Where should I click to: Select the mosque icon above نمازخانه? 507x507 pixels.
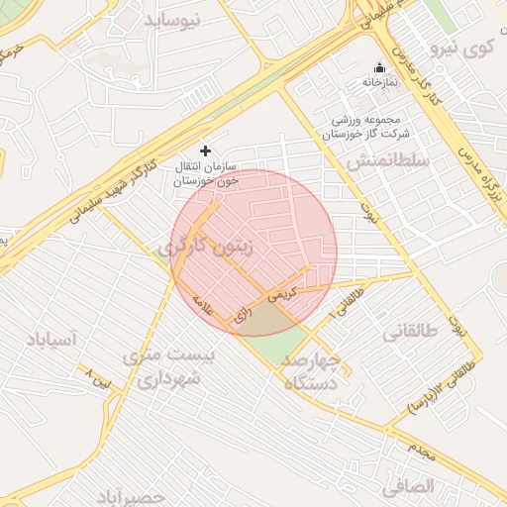[x=378, y=68]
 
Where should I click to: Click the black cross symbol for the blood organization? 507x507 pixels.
[x=205, y=151]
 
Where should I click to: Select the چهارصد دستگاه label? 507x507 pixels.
[x=311, y=371]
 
